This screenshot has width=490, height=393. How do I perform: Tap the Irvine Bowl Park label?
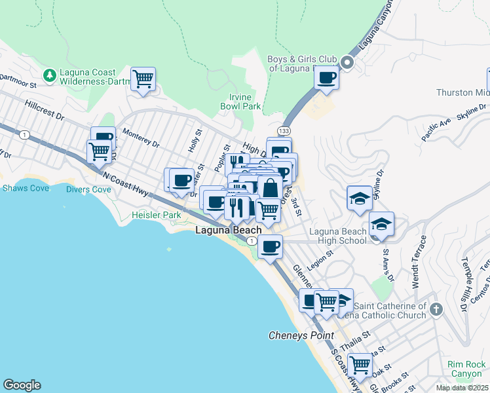pyautogui.click(x=240, y=102)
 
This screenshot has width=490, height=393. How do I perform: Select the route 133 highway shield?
pyautogui.click(x=284, y=131)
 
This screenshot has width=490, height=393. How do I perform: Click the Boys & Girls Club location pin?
pyautogui.click(x=347, y=64)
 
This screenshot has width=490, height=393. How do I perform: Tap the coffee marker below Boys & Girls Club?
pyautogui.click(x=326, y=78)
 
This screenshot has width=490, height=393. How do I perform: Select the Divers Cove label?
pyautogui.click(x=88, y=189)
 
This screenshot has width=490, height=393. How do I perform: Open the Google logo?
pyautogui.click(x=22, y=385)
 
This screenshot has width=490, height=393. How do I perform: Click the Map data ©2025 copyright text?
pyautogui.click(x=462, y=388)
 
